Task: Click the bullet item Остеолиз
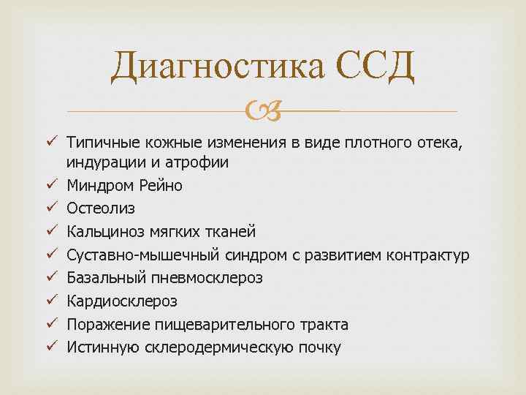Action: pos(100,209)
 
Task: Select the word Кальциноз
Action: pos(103,232)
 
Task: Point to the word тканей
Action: pos(229,232)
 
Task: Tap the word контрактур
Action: pos(427,255)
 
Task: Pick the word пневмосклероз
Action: pos(211,278)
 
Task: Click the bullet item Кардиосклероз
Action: pos(121,301)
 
